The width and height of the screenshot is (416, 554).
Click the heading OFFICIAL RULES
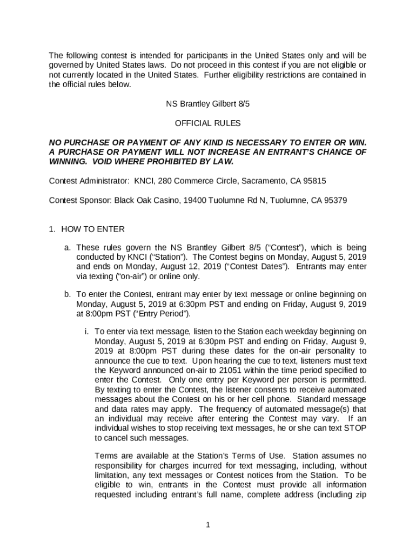208,123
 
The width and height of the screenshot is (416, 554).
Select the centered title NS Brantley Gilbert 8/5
208,104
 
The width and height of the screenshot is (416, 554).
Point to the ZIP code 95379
336,200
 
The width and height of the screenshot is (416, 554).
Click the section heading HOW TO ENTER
92,229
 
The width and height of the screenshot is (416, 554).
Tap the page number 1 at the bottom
208,524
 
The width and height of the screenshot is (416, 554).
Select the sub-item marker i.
86,331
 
